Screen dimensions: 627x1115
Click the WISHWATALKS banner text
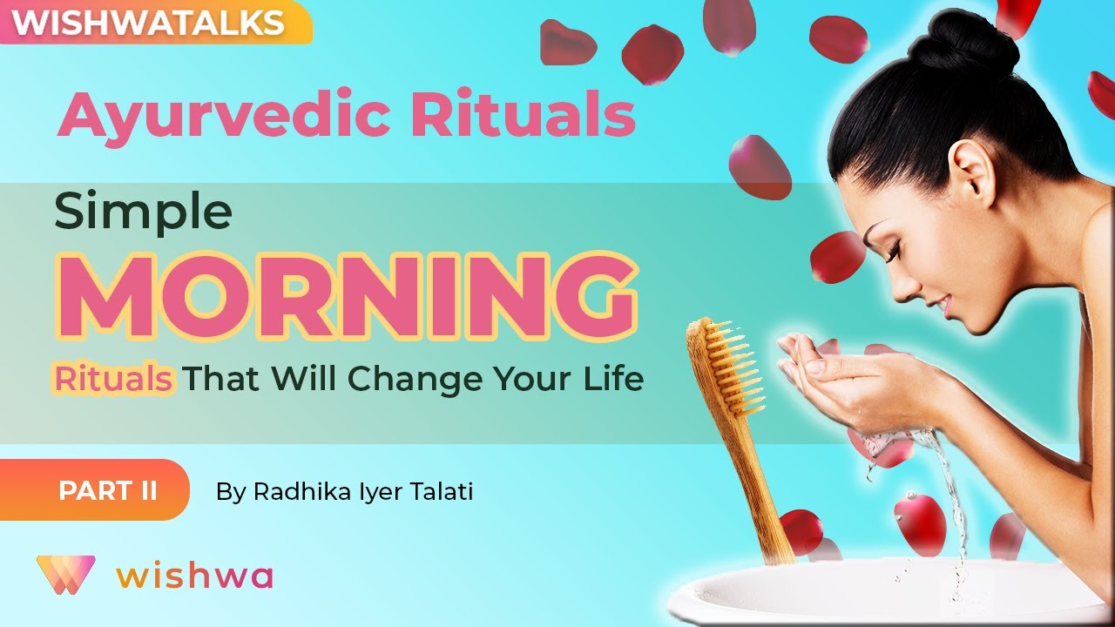tap(149, 23)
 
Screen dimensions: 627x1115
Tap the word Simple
tap(143, 212)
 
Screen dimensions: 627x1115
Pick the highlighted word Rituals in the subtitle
tap(113, 380)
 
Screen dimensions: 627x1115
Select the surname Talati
tap(441, 492)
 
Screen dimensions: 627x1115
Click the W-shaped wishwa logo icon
tap(65, 575)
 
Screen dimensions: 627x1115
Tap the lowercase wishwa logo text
tap(194, 576)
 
